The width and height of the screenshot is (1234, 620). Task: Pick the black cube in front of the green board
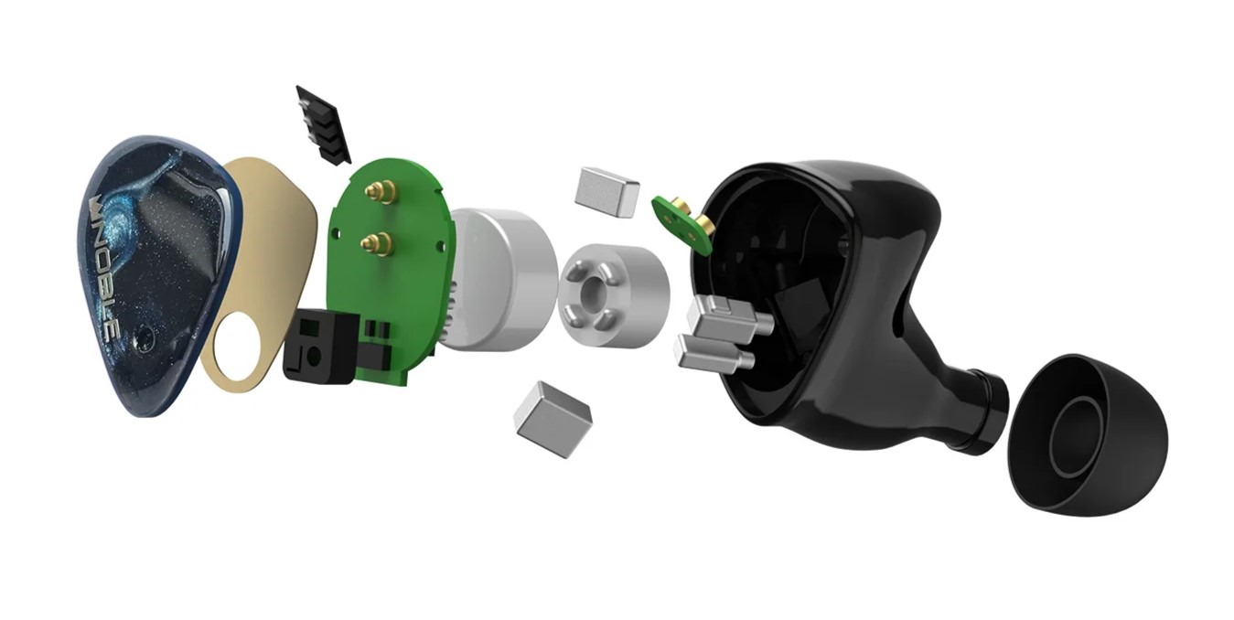319,346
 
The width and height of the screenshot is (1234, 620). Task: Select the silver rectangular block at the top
607,190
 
